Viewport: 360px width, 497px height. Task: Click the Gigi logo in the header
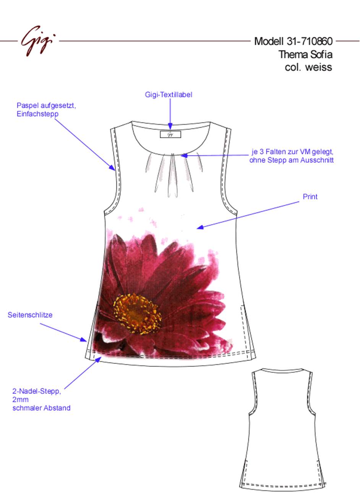(38, 41)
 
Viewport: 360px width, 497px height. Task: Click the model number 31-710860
(310, 41)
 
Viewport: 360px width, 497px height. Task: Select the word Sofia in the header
(321, 54)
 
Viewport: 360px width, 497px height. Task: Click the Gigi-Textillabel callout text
(169, 95)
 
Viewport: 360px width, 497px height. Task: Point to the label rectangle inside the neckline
(170, 134)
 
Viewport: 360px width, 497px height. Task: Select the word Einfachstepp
(37, 114)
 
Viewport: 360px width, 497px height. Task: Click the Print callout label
(310, 197)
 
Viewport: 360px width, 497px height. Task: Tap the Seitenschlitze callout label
(30, 315)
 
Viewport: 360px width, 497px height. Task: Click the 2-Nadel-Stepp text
(37, 391)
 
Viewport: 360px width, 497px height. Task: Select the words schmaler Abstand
(42, 408)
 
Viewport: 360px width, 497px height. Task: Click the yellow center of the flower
(137, 314)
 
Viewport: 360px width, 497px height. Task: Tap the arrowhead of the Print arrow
(200, 227)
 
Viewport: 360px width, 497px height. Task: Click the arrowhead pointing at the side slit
(84, 339)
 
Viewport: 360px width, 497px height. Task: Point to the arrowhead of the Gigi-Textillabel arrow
(170, 127)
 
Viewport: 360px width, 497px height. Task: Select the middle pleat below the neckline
(173, 175)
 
